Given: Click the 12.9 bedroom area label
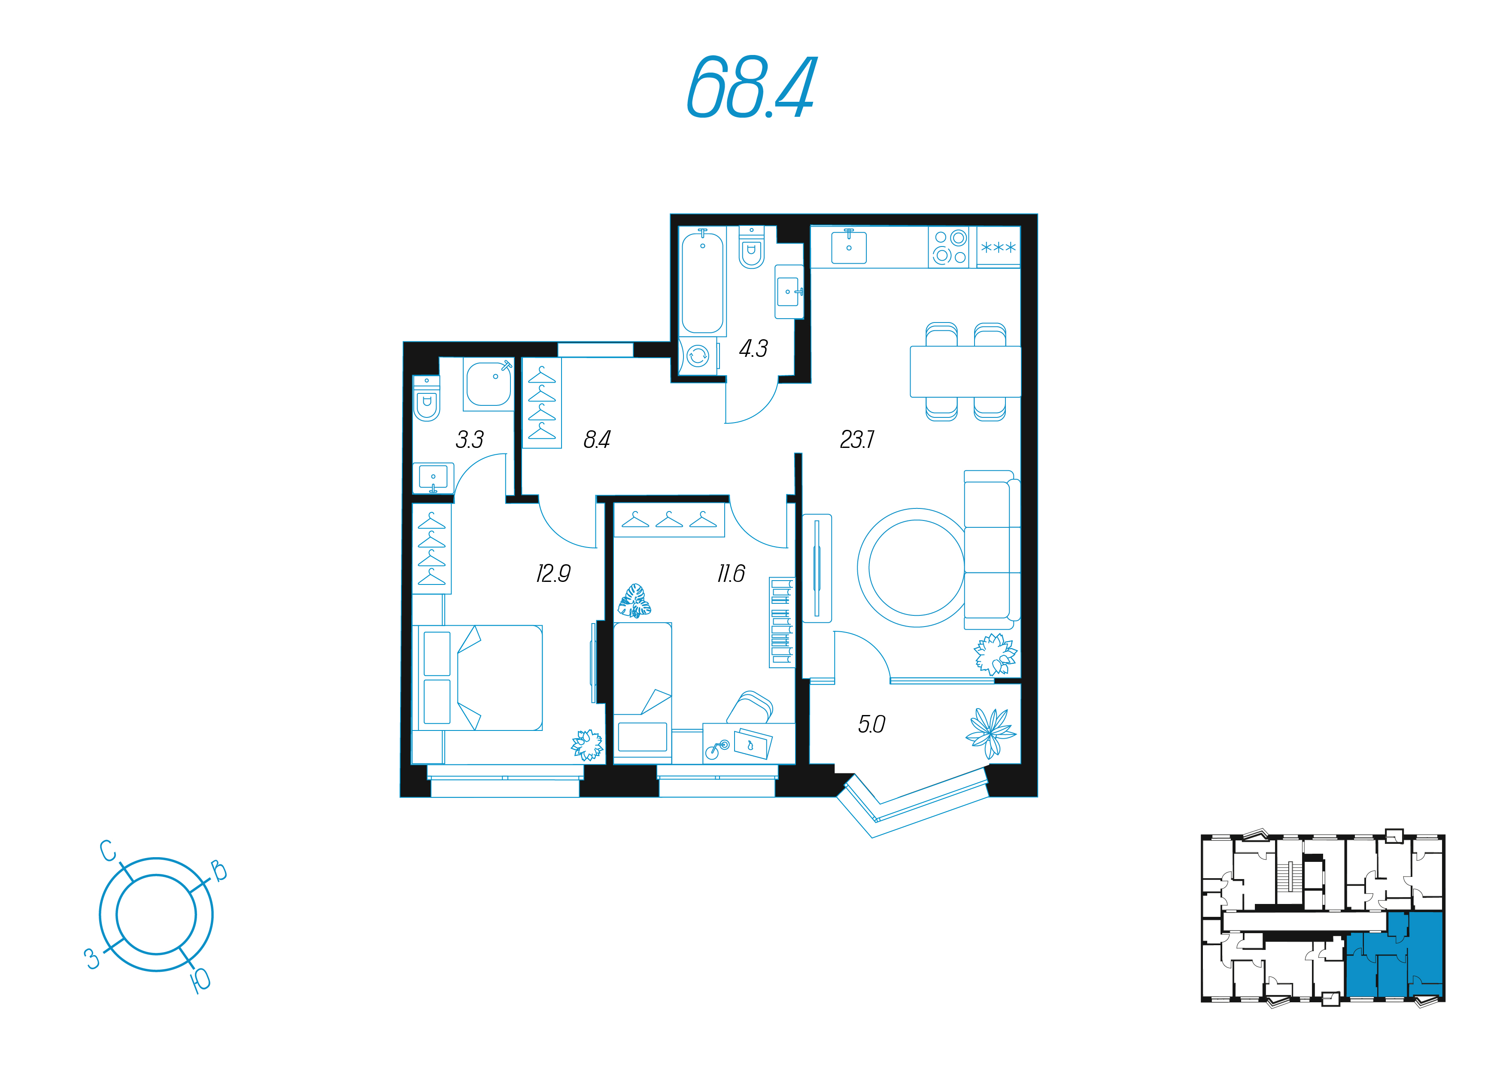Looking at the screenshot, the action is pyautogui.click(x=553, y=574).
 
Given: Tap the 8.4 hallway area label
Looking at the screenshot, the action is pyautogui.click(x=597, y=439).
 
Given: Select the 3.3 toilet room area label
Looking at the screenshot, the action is pyautogui.click(x=470, y=439).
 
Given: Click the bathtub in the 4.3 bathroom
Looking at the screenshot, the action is pyautogui.click(x=702, y=282).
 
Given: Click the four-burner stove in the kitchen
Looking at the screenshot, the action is pyautogui.click(x=948, y=247).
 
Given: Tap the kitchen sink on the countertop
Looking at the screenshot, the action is pyautogui.click(x=849, y=247).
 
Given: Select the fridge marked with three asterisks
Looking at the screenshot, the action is pyautogui.click(x=998, y=247).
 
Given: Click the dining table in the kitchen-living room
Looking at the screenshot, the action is pyautogui.click(x=965, y=371).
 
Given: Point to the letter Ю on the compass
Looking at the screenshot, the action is pyautogui.click(x=200, y=980).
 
